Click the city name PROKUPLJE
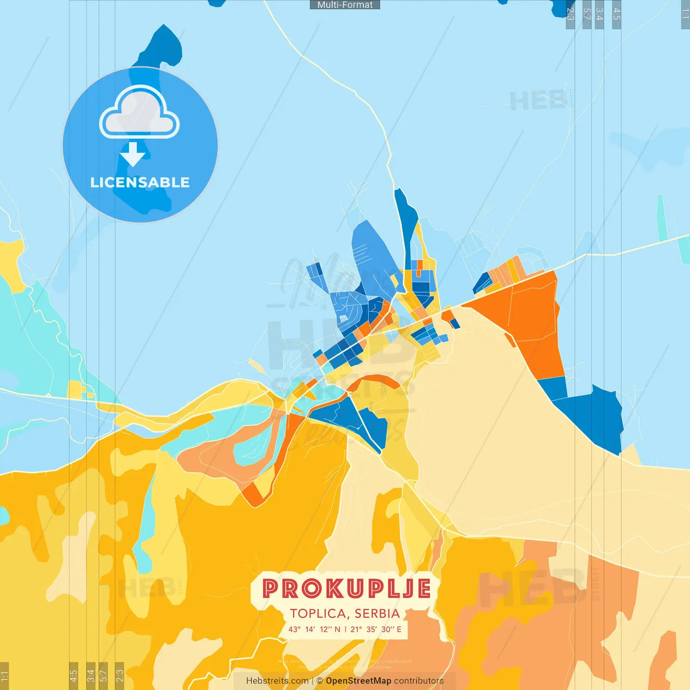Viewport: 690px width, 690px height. click(x=346, y=589)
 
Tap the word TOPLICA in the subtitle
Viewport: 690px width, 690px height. click(x=318, y=613)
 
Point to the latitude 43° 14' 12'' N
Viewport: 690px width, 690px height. click(x=314, y=629)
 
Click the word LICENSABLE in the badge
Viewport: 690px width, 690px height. click(x=140, y=182)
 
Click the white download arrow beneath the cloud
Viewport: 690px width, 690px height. click(x=133, y=154)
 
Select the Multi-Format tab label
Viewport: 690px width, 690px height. click(x=345, y=5)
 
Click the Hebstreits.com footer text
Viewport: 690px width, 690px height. click(x=277, y=681)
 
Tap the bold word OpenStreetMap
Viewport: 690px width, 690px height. click(x=358, y=681)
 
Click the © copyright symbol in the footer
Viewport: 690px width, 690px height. click(x=320, y=681)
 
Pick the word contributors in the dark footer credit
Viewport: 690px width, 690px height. click(x=419, y=681)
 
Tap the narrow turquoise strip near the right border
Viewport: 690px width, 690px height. click(x=662, y=218)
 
